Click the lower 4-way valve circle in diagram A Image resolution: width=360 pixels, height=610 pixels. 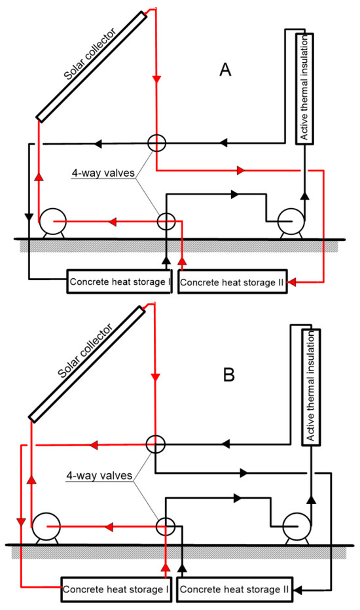(x=166, y=222)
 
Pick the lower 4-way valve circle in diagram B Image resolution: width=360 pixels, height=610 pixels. (x=166, y=524)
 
